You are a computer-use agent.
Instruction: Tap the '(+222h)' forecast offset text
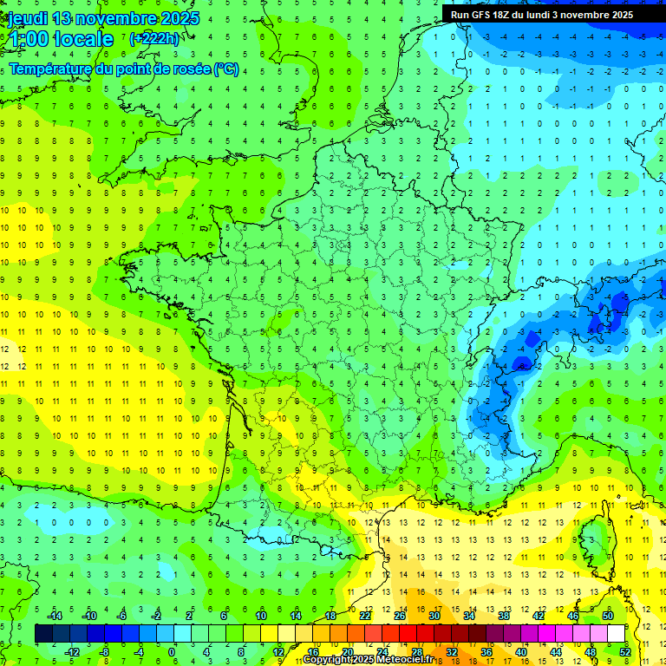154,39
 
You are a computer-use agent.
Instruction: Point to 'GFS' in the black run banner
486,15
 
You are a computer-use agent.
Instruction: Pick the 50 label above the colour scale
607,616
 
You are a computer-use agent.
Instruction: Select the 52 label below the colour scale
625,651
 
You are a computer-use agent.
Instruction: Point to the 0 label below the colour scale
172,651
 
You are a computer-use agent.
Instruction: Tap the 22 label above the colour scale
365,616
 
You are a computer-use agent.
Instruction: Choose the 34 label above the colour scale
469,616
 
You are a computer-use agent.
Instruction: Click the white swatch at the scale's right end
616,634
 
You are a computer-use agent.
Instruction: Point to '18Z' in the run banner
512,15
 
